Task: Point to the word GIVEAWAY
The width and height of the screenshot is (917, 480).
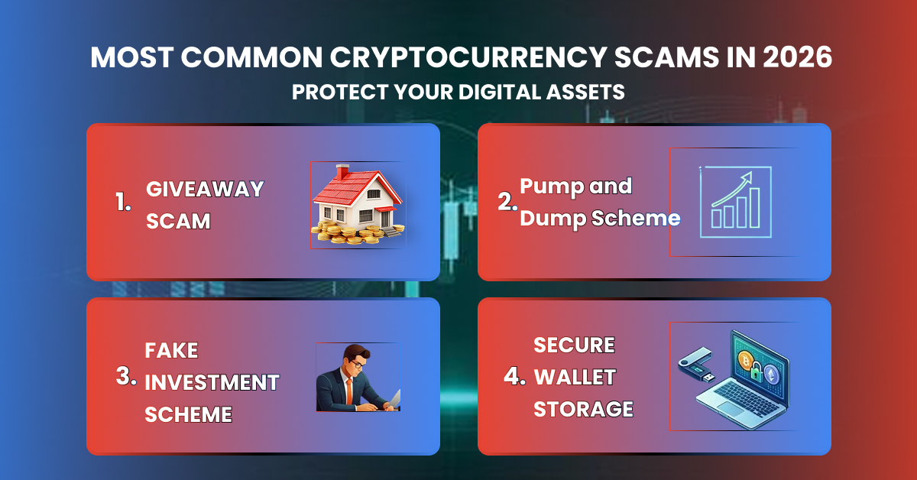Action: point(205,188)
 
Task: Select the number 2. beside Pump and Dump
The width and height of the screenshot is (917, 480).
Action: point(507,202)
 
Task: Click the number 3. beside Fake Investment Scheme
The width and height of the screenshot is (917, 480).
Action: point(126,377)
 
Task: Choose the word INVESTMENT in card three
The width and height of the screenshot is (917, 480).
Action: point(212,382)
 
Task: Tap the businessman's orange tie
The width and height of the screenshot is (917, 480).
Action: point(348,391)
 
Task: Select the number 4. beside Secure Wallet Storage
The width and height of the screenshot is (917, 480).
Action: point(516,377)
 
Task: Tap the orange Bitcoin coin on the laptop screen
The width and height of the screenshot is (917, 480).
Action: point(746,358)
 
